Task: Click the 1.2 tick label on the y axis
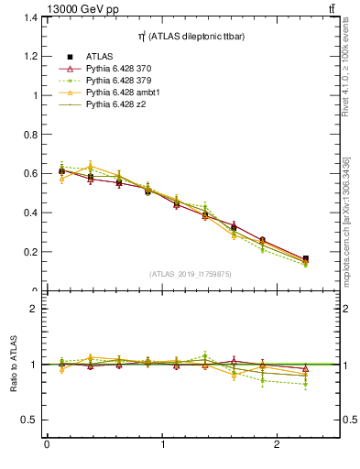point(27,56)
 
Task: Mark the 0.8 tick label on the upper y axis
point(27,135)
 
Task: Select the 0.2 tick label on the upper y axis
point(27,252)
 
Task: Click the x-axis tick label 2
point(278,446)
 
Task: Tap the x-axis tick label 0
point(47,446)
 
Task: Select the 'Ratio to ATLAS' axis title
point(12,365)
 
